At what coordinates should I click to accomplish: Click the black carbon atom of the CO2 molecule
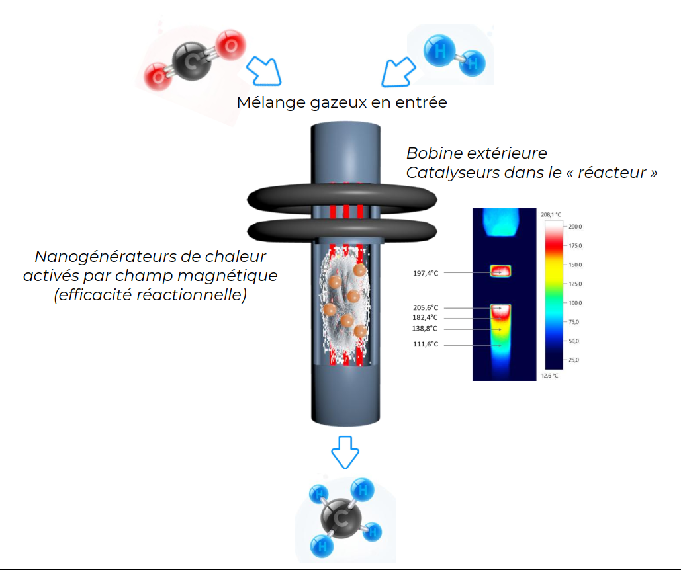pos(191,61)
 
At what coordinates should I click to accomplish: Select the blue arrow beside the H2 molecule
pos(398,71)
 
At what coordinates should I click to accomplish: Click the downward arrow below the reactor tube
pos(345,452)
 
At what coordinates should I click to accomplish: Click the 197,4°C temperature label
pos(424,273)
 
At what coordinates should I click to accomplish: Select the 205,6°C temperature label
pos(424,308)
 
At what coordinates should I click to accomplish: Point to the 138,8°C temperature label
pos(424,329)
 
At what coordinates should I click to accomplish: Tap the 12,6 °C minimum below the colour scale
pos(551,376)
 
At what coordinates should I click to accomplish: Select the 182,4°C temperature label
pos(424,318)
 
